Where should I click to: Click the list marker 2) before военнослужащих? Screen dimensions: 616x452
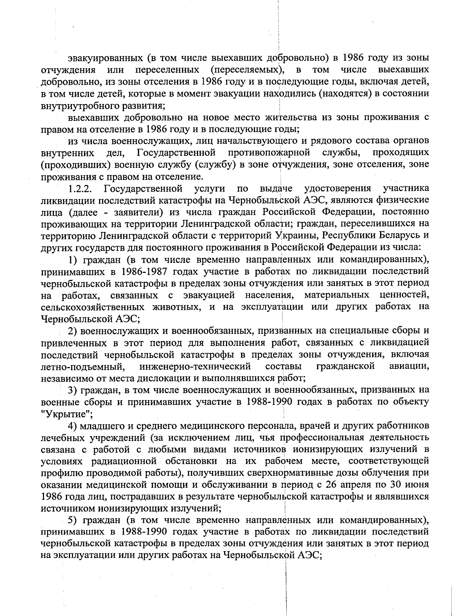point(72,331)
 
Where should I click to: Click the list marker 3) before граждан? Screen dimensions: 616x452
point(72,390)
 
